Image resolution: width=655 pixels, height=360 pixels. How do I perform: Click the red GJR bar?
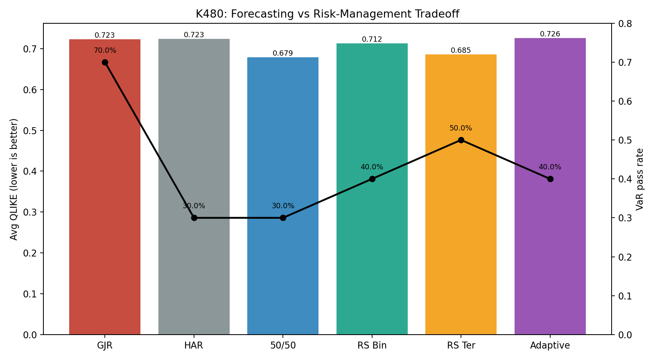(x=105, y=187)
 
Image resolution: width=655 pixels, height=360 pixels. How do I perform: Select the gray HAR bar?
(x=194, y=187)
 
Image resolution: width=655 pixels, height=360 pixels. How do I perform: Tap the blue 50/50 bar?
(x=283, y=196)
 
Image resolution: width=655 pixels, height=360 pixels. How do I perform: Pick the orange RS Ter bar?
(x=461, y=194)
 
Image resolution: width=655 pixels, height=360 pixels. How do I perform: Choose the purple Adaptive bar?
(x=550, y=186)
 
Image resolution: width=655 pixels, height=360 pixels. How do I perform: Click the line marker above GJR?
(x=105, y=63)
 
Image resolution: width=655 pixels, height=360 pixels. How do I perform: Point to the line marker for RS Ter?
(x=461, y=140)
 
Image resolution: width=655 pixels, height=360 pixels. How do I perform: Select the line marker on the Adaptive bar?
(x=550, y=179)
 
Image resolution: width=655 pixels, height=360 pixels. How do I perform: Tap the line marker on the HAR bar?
(x=194, y=218)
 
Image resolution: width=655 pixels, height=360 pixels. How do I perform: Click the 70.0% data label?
(x=105, y=51)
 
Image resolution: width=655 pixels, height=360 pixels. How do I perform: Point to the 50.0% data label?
(x=461, y=128)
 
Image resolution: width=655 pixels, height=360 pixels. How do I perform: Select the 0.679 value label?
(x=283, y=53)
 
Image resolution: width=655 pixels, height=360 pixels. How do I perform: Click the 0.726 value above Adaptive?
(x=550, y=34)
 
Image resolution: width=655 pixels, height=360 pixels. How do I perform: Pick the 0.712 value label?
(x=372, y=39)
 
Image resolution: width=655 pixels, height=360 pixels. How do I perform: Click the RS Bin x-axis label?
(x=372, y=345)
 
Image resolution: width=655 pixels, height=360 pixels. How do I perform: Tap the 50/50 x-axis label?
(x=283, y=345)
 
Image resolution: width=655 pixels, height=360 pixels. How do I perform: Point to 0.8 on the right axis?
(x=625, y=23)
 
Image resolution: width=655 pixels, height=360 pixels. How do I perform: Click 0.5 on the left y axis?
(x=30, y=130)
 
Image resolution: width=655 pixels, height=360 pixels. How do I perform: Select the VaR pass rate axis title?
(x=640, y=179)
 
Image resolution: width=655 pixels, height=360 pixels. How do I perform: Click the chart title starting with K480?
(x=327, y=14)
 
